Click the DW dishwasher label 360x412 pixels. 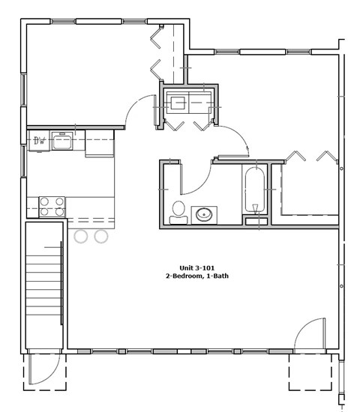point(39,140)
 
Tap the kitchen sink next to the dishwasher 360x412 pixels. point(61,140)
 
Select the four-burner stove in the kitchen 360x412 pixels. point(52,206)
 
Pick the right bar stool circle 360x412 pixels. point(101,237)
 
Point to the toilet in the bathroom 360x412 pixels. point(178,212)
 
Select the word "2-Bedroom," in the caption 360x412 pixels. point(184,276)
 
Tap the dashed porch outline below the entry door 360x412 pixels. point(310,372)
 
